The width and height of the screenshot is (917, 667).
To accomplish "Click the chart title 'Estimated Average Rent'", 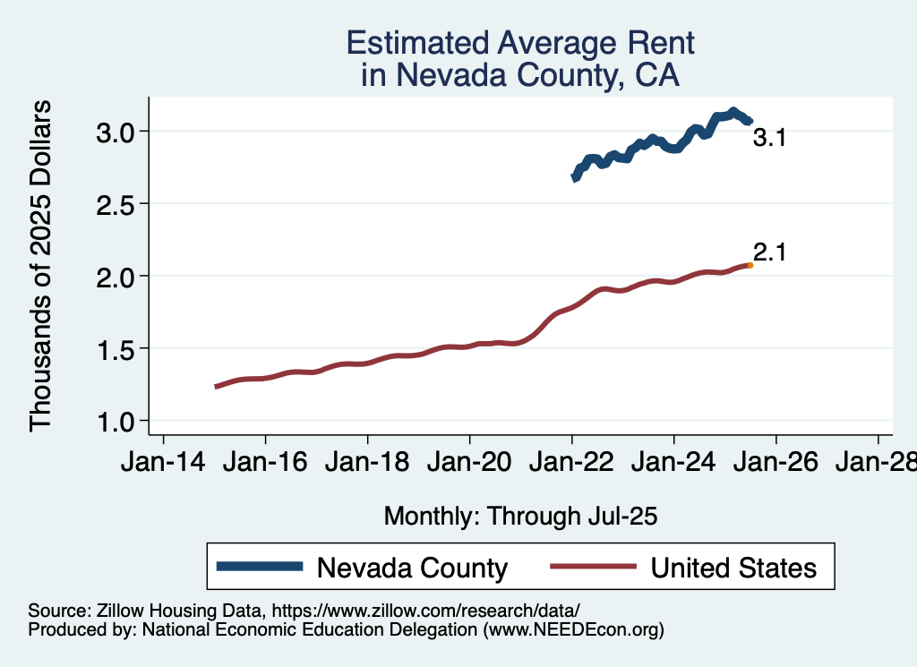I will [x=520, y=43].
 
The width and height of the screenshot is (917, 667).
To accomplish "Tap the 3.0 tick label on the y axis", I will [x=116, y=132].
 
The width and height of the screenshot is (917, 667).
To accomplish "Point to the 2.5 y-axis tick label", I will [x=116, y=204].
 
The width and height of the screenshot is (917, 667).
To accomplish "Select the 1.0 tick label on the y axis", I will [x=116, y=421].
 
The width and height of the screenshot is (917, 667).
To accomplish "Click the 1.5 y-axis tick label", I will [x=116, y=348].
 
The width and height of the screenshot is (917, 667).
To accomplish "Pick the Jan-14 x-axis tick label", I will [x=163, y=463].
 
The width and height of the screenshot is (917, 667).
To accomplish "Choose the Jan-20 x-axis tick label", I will [x=469, y=463].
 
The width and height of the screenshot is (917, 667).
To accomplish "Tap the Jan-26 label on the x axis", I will [x=776, y=463].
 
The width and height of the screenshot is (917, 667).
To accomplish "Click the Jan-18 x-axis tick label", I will [x=367, y=463].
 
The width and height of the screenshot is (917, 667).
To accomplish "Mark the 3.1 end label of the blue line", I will [x=768, y=138].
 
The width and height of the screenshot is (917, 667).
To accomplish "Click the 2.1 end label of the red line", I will [x=768, y=252].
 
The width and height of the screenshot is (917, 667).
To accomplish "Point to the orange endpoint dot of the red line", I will [x=750, y=265].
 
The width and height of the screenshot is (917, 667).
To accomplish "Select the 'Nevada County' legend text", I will [x=413, y=568].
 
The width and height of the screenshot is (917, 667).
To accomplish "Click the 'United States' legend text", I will [x=733, y=568].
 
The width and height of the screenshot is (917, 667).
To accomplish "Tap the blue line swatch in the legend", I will [x=261, y=567].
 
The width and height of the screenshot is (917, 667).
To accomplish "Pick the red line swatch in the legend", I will [x=592, y=567].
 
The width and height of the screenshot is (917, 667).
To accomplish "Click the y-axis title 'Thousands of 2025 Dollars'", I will [x=41, y=266].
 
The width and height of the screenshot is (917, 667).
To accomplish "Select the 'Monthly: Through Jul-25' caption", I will [x=520, y=516].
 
